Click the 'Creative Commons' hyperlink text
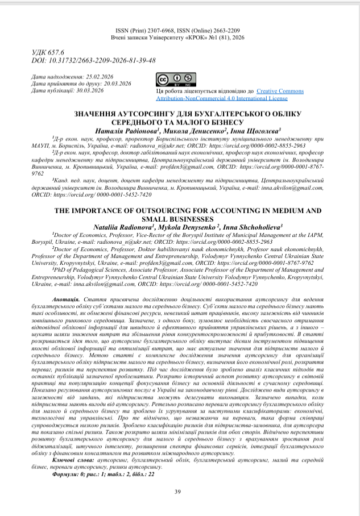point(280,91)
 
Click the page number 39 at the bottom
point(177,492)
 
